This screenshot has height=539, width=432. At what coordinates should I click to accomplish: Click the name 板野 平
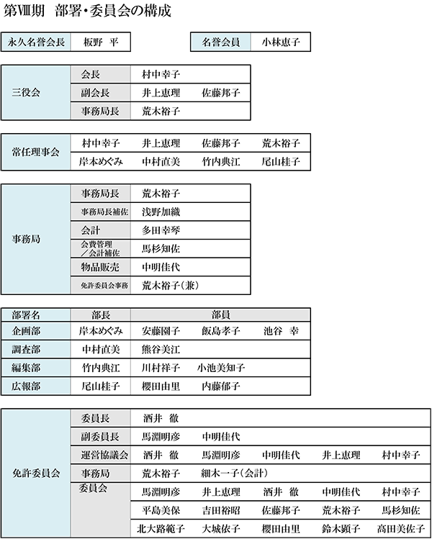[x=101, y=42]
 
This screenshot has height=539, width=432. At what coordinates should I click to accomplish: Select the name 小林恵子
[x=281, y=42]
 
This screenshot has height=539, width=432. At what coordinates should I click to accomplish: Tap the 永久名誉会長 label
[x=36, y=42]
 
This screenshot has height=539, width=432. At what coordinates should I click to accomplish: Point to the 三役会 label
[x=26, y=92]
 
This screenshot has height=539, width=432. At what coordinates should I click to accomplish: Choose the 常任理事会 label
[x=35, y=152]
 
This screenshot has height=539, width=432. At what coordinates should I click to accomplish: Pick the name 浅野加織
[x=161, y=212]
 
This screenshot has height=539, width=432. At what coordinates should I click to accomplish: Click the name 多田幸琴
[x=161, y=230]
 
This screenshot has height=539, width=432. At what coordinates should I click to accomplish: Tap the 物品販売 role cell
[x=100, y=267]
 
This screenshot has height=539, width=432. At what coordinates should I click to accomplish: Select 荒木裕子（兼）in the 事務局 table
[x=170, y=285]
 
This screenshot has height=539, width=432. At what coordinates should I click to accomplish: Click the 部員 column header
[x=220, y=314]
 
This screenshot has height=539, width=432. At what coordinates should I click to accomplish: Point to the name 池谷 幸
[x=281, y=331]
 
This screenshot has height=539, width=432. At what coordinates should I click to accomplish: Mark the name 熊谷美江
[x=161, y=349]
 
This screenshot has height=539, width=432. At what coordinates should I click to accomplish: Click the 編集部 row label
[x=26, y=368]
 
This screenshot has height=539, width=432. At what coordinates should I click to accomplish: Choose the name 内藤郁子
[x=221, y=386]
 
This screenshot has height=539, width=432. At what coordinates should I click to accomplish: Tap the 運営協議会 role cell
[x=104, y=455]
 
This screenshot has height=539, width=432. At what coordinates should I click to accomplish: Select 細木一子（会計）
[x=234, y=474]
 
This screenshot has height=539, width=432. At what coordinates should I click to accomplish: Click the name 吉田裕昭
[x=221, y=510]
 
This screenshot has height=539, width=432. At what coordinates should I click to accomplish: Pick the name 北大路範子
[x=161, y=529]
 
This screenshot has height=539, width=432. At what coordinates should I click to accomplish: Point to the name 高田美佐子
[x=401, y=529]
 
